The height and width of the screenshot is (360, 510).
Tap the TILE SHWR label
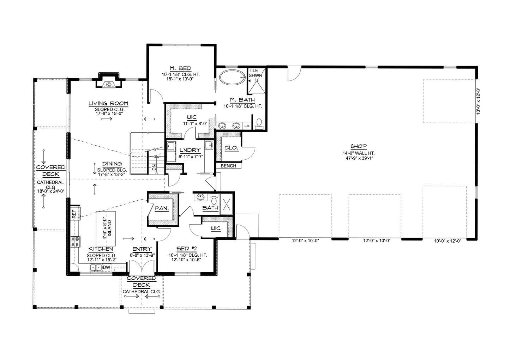(x=255, y=73)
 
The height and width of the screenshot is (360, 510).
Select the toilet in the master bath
(x=259, y=124)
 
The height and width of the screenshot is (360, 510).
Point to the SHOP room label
(x=358, y=146)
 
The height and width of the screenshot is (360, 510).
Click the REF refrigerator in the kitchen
(x=75, y=213)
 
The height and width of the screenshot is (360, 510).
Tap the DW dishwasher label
(x=106, y=267)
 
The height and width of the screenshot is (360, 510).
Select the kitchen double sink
(x=96, y=268)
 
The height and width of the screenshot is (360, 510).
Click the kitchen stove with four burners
(x=76, y=242)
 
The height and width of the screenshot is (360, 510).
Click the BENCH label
(x=228, y=166)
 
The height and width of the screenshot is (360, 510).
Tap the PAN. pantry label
(x=162, y=208)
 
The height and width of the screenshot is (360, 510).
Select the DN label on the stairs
(x=154, y=167)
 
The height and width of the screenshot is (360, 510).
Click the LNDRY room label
(x=190, y=150)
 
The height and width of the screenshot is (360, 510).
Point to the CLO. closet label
(x=231, y=148)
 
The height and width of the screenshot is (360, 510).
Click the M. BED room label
(x=181, y=68)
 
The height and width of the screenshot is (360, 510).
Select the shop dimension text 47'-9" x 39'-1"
(x=359, y=158)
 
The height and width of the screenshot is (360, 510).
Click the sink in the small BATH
(x=200, y=197)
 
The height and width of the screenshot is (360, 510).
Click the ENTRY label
(x=142, y=249)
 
